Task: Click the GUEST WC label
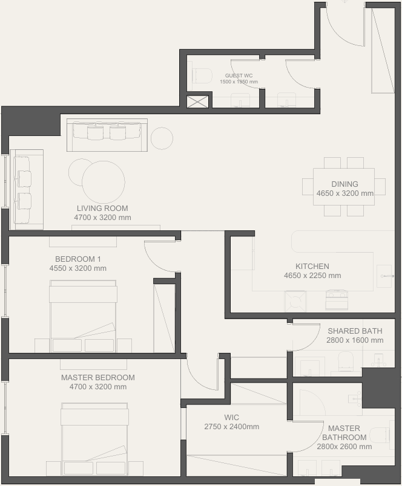tap(239, 76)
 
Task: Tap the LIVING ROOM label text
tap(102, 209)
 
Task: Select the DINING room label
tap(344, 184)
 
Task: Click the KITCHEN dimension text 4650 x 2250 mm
tap(312, 276)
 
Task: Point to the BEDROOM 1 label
tap(78, 259)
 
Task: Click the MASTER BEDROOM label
tap(98, 378)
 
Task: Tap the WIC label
tap(232, 418)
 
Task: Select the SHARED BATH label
tap(355, 331)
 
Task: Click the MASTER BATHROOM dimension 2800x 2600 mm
tap(344, 447)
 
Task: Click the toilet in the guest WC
tap(202, 76)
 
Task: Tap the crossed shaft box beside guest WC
tap(198, 102)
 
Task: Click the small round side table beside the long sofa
tap(162, 138)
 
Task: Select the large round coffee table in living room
tap(104, 183)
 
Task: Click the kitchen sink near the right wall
tap(385, 276)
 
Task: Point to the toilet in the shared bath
tap(346, 361)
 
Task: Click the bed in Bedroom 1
tap(83, 316)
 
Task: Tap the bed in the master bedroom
tap(94, 439)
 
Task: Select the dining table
tap(344, 187)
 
